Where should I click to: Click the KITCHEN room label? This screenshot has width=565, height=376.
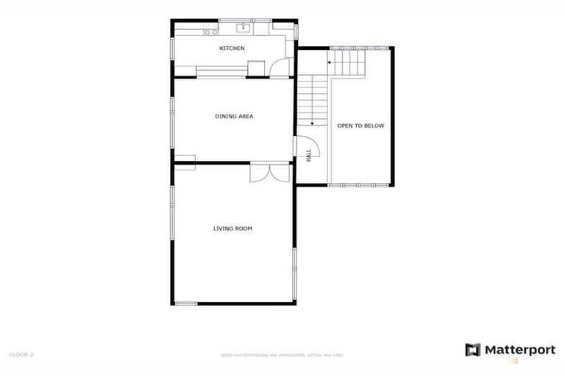pyautogui.click(x=232, y=48)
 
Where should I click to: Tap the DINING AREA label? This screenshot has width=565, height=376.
pyautogui.click(x=234, y=116)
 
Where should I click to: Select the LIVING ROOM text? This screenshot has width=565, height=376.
pyautogui.click(x=232, y=228)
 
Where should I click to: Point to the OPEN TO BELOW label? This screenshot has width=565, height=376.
pyautogui.click(x=360, y=126)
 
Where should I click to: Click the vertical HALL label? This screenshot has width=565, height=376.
pyautogui.click(x=309, y=155)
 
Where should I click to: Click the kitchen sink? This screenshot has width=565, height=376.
pyautogui.click(x=244, y=29)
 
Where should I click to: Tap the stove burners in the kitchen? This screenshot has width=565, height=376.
pyautogui.click(x=210, y=31)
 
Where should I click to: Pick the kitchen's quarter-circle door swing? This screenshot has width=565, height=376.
pyautogui.click(x=280, y=68)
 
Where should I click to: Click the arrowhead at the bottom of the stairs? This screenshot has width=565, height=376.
pyautogui.click(x=313, y=123)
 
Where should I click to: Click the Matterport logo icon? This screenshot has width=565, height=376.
pyautogui.click(x=472, y=350)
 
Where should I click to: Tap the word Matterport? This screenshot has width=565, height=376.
pyautogui.click(x=519, y=350)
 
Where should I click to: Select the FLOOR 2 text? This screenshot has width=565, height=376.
pyautogui.click(x=21, y=355)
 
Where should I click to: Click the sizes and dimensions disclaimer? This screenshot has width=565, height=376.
pyautogui.click(x=282, y=355)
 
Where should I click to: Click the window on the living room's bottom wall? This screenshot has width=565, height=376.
pyautogui.click(x=185, y=303)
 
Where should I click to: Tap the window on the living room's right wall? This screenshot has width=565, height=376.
pyautogui.click(x=294, y=268)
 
